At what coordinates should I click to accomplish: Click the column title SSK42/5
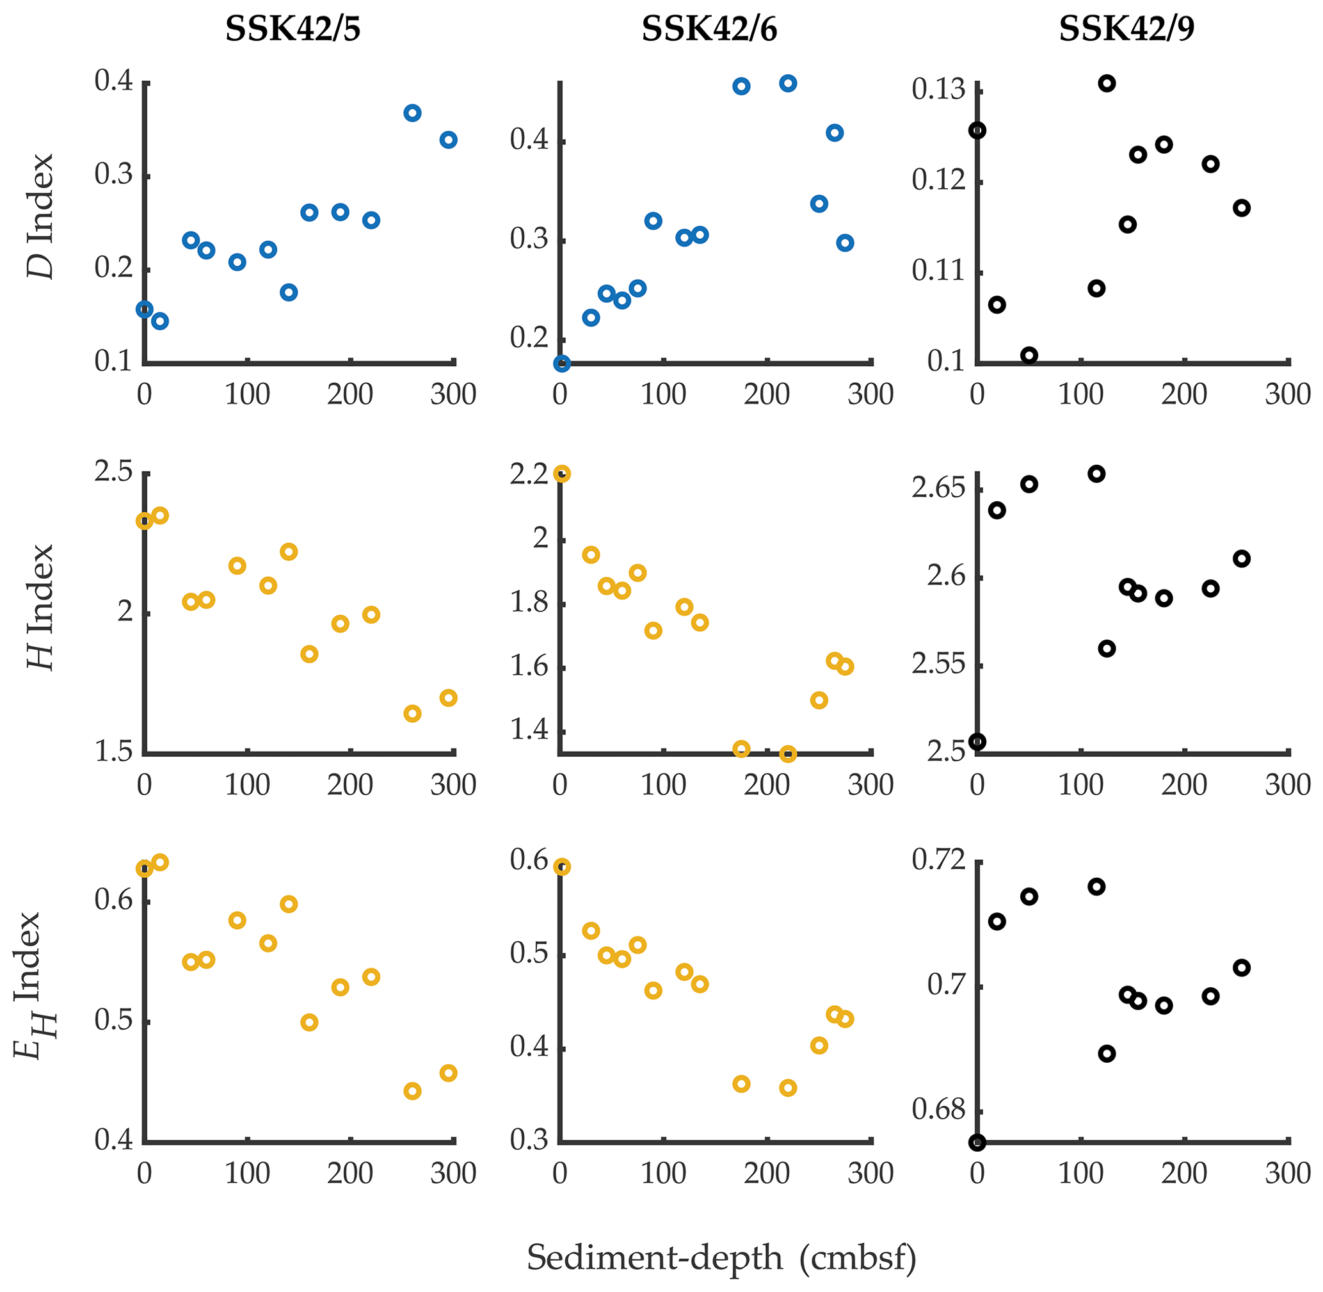(293, 30)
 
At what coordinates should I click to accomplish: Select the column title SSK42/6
(709, 30)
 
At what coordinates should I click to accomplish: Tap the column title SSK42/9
(1127, 30)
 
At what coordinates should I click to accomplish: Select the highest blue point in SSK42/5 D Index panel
(412, 113)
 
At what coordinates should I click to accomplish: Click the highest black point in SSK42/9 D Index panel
(1107, 83)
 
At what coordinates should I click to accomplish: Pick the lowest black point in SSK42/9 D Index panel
(1029, 355)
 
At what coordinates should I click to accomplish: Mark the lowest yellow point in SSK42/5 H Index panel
(412, 714)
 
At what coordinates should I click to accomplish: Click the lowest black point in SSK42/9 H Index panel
(977, 741)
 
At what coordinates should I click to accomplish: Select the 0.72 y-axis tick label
(938, 860)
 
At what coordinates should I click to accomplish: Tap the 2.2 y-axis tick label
(529, 474)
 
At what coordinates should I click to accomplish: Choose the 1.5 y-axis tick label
(113, 752)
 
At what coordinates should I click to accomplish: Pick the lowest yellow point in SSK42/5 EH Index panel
(412, 1091)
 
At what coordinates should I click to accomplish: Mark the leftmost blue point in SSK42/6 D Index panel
(562, 364)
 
